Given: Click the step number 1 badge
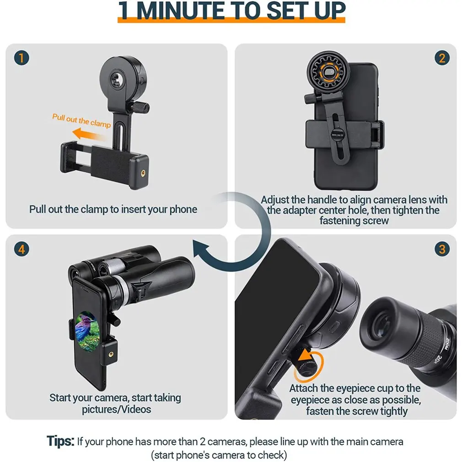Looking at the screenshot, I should tap(21, 58).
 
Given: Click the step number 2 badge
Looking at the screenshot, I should tap(441, 58).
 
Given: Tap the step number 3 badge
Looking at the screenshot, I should tap(441, 249).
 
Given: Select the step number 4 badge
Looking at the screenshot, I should tap(21, 249).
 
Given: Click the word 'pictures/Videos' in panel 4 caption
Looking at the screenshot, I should tap(116, 409).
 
